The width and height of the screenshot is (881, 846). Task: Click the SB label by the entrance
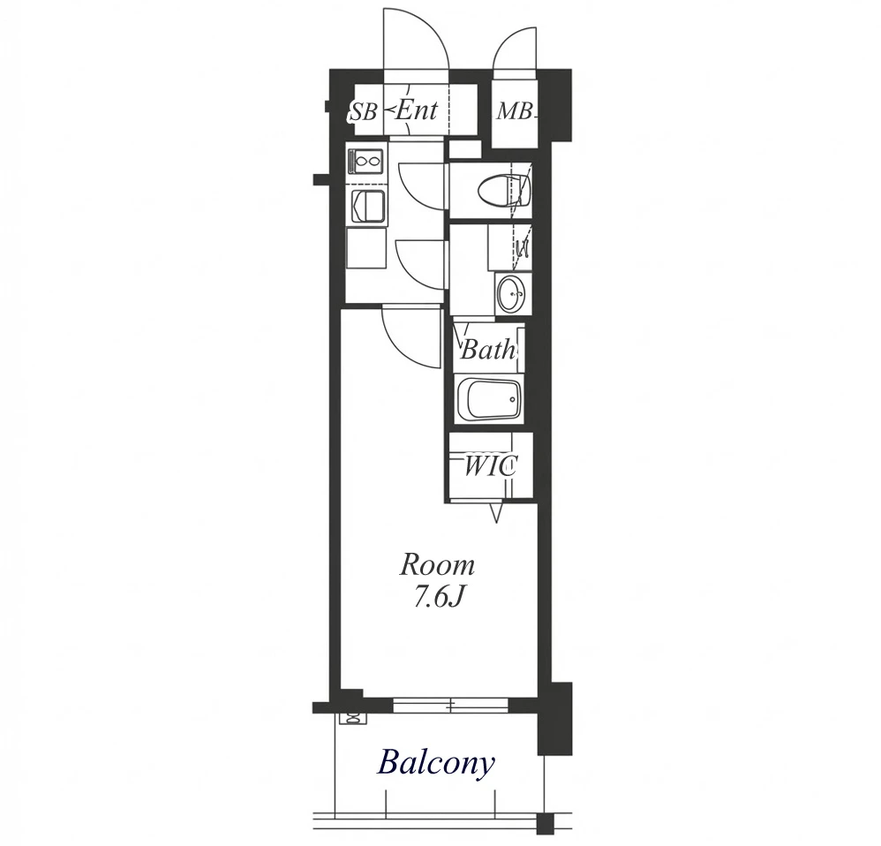pyautogui.click(x=363, y=112)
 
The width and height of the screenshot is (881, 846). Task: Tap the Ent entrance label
pyautogui.click(x=416, y=110)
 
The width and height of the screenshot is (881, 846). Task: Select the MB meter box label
pyautogui.click(x=514, y=112)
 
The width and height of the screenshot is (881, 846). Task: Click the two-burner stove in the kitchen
pyautogui.click(x=367, y=162)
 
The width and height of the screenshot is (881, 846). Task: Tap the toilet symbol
pyautogui.click(x=505, y=190)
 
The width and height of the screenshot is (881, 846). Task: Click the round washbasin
pyautogui.click(x=511, y=292)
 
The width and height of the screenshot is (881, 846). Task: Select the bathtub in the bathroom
pyautogui.click(x=487, y=398)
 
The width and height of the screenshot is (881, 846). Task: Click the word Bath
pyautogui.click(x=487, y=351)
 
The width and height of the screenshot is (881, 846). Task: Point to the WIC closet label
pyautogui.click(x=490, y=466)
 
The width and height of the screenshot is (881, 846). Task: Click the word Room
pyautogui.click(x=437, y=565)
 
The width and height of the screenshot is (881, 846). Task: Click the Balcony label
pyautogui.click(x=437, y=763)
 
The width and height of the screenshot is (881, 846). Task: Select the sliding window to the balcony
pyautogui.click(x=450, y=705)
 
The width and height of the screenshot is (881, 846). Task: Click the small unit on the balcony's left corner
pyautogui.click(x=353, y=718)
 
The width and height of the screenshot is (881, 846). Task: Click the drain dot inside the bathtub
pyautogui.click(x=512, y=399)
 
